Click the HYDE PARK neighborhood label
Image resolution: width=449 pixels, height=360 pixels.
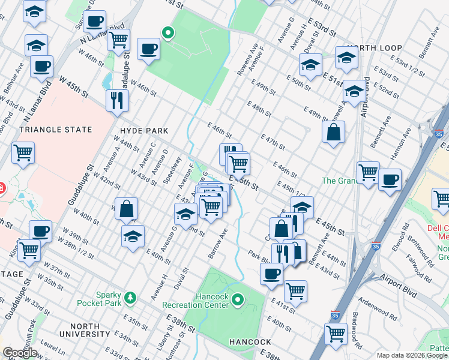click(144, 130)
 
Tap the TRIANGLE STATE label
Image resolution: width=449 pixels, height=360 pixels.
click(56, 130)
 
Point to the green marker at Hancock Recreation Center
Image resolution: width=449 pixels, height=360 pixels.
click(238, 299)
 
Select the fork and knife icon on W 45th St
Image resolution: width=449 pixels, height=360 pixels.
click(117, 100)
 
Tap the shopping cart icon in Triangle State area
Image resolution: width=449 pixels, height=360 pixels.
click(23, 153)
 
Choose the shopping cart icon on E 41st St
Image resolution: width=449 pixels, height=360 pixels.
click(295, 292)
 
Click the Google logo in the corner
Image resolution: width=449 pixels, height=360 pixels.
click(20, 353)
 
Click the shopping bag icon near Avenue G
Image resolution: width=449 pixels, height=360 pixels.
click(127, 209)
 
